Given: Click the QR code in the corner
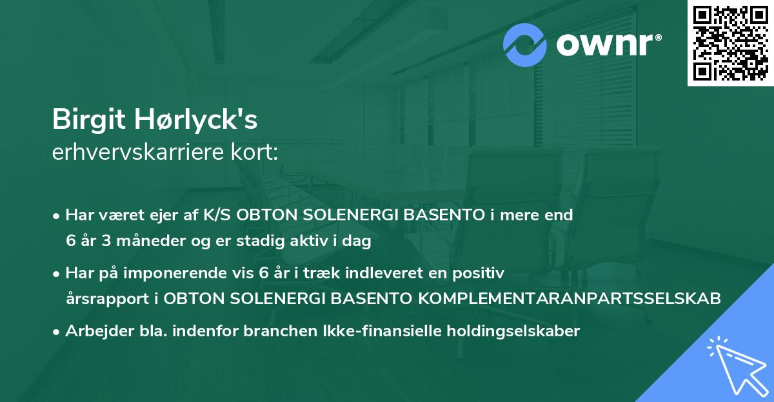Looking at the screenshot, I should click(x=730, y=43).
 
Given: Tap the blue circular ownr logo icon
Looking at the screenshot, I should click(x=525, y=45).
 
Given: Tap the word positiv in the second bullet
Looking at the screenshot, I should click(x=480, y=273).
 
